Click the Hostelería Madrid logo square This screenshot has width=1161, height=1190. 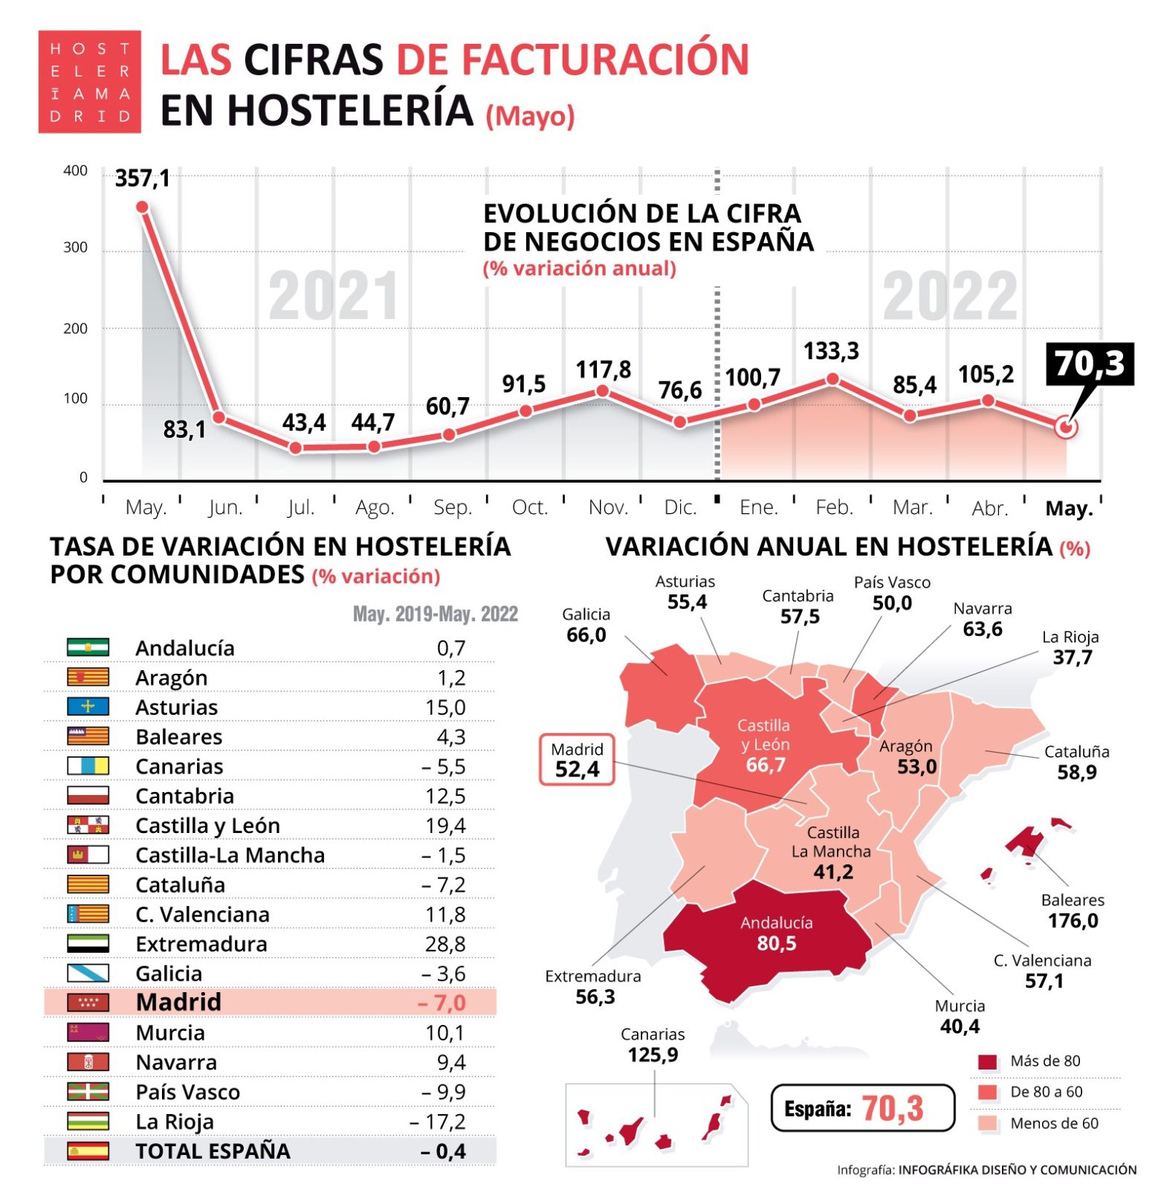point(90,82)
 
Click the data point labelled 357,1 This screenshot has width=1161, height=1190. point(143,208)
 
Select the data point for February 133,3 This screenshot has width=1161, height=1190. point(833,379)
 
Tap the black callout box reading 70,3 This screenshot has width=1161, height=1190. point(1089,364)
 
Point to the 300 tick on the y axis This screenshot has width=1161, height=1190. point(75,248)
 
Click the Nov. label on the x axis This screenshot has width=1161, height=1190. point(608,508)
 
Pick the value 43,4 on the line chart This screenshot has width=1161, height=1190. point(304,423)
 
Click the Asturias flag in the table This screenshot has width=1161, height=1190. point(88,707)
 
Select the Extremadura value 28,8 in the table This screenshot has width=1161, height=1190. point(445,945)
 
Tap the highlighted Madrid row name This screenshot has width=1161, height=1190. point(178,1003)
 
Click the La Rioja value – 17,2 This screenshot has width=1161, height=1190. point(438,1122)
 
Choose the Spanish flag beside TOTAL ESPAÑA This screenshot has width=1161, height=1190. point(88,1151)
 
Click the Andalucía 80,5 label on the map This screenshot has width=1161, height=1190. point(776,934)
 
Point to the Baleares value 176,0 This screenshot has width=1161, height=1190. point(1073,921)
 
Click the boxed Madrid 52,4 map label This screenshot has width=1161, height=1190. point(577,760)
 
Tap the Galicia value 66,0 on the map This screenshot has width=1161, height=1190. point(586,635)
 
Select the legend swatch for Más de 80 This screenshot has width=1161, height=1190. point(987,1062)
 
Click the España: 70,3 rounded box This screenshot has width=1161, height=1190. point(862,1108)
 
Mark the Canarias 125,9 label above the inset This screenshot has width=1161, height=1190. point(653,1045)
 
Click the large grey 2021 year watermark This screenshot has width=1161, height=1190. point(334,297)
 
